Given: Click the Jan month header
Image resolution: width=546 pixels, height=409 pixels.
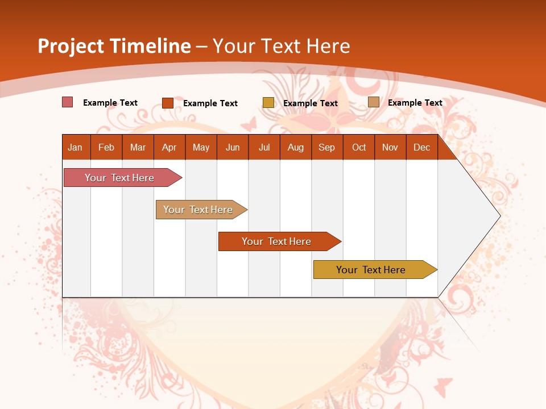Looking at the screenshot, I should click(x=76, y=147).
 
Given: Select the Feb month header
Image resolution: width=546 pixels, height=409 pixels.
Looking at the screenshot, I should click(x=106, y=147).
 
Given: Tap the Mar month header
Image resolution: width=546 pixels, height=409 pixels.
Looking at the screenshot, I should click(x=138, y=147).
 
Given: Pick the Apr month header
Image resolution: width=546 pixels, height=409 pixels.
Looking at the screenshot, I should click(x=169, y=147).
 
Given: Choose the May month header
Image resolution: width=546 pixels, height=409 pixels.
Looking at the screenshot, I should click(x=201, y=147).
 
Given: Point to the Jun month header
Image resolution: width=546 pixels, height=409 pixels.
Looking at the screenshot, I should click(x=233, y=147).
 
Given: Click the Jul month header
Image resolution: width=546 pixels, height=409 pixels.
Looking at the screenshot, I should click(x=264, y=147).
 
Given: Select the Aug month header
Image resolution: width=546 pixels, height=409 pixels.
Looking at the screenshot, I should click(x=296, y=147).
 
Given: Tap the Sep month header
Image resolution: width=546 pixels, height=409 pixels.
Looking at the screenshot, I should click(x=327, y=147).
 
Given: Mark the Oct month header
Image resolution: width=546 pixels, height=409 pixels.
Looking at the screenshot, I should click(x=359, y=147).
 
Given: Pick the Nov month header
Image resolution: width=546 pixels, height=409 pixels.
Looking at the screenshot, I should click(x=390, y=147).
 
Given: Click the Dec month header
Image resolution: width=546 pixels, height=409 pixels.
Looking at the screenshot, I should click(x=422, y=147).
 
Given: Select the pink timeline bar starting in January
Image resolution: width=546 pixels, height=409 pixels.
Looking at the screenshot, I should click(x=119, y=178).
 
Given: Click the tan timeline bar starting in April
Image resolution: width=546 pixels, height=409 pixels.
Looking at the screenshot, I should click(x=198, y=210).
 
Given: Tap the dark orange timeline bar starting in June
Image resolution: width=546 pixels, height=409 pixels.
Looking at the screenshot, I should click(x=276, y=241).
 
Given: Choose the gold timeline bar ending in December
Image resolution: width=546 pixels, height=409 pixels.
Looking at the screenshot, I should click(x=371, y=270).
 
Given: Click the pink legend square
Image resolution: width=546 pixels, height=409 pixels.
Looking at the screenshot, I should click(x=68, y=102).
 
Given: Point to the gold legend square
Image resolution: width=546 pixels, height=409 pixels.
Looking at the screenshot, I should click(x=268, y=103).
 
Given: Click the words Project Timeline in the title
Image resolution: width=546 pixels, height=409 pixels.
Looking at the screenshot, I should click(x=114, y=46).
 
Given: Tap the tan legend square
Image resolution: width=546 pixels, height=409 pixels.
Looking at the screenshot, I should click(x=374, y=102).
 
